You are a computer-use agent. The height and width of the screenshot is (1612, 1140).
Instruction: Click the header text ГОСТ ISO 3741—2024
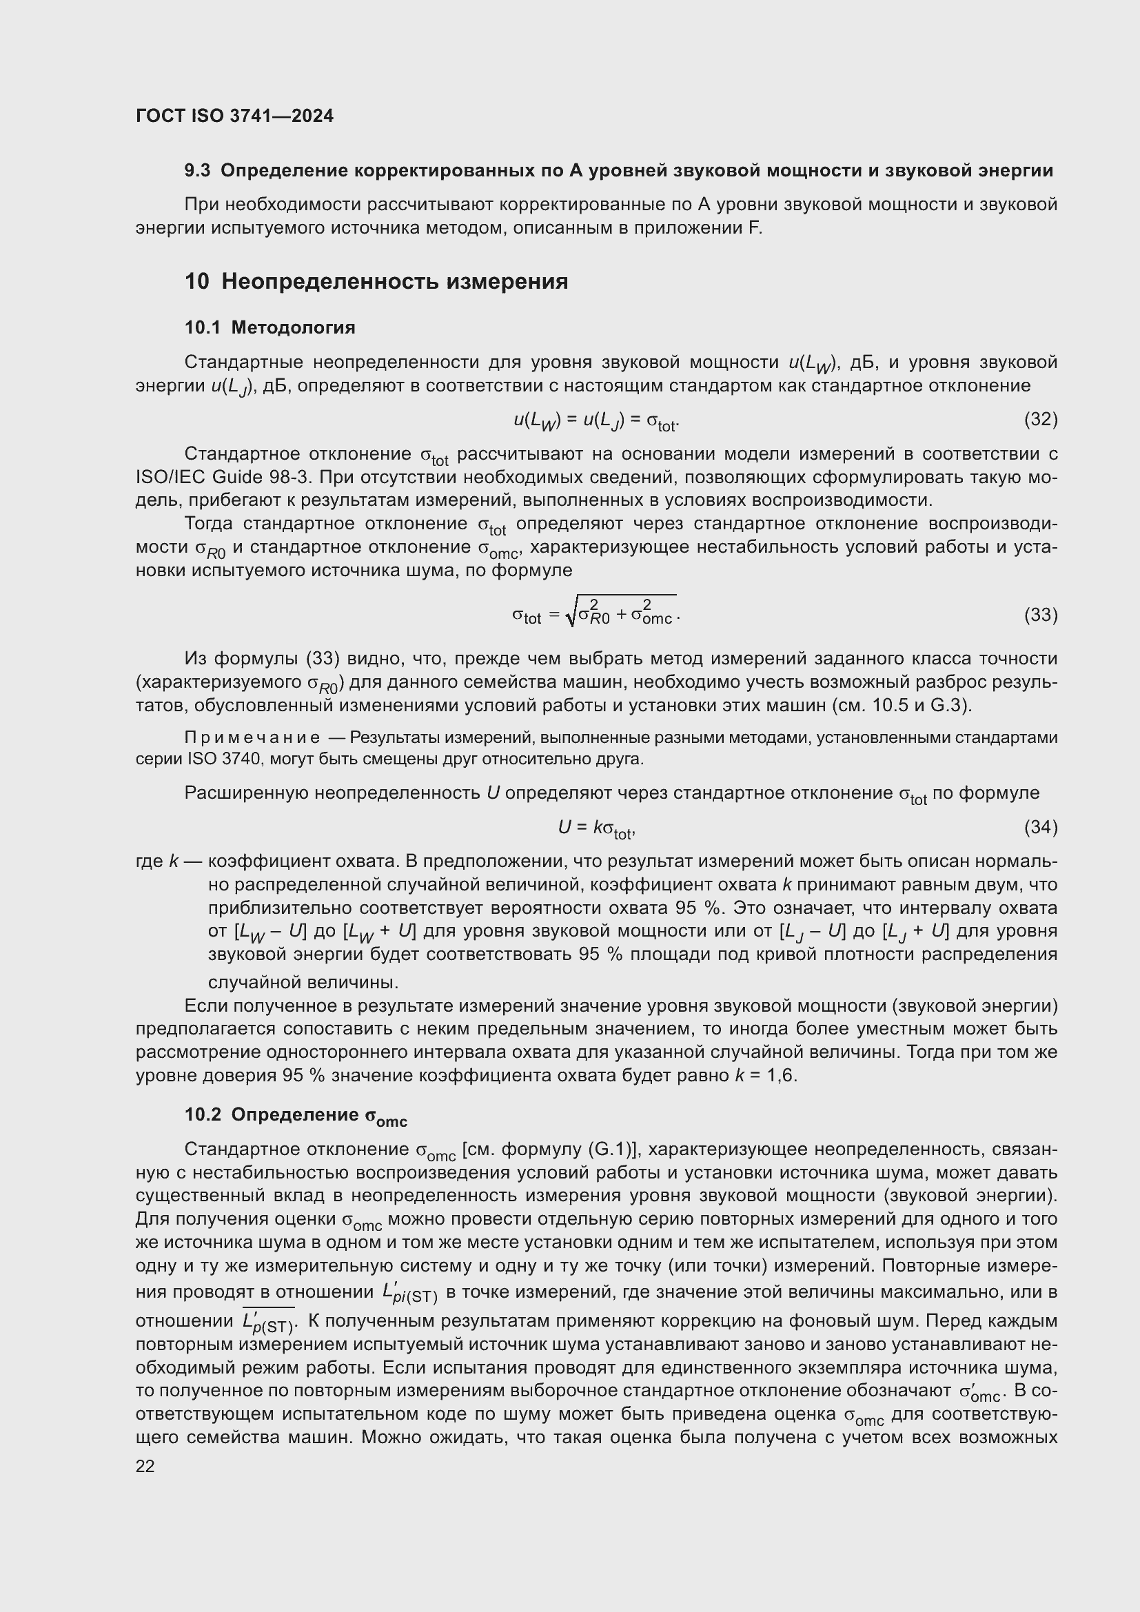[x=234, y=116]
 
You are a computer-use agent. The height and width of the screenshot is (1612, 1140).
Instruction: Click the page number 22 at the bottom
[x=145, y=1466]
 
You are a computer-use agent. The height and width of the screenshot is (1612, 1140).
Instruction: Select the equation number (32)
[x=1040, y=420]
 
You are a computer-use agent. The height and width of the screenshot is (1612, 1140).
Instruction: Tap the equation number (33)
[x=1040, y=615]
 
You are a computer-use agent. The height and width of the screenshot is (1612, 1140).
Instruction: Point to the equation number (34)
[x=1040, y=827]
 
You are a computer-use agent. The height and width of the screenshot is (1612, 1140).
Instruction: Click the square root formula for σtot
[x=596, y=613]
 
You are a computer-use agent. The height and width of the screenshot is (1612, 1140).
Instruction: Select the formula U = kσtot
[x=597, y=828]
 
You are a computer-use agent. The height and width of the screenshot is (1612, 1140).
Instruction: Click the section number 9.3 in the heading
[x=197, y=171]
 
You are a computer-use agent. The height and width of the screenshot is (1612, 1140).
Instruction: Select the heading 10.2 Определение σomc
[x=296, y=1116]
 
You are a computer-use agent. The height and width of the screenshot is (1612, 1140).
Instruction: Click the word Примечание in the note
[x=252, y=738]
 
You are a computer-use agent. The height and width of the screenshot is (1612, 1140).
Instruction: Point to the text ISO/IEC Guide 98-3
[x=223, y=478]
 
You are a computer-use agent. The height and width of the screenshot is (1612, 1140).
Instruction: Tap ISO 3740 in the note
[x=214, y=759]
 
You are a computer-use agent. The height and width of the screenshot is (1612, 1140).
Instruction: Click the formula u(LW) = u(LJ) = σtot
[x=596, y=421]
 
